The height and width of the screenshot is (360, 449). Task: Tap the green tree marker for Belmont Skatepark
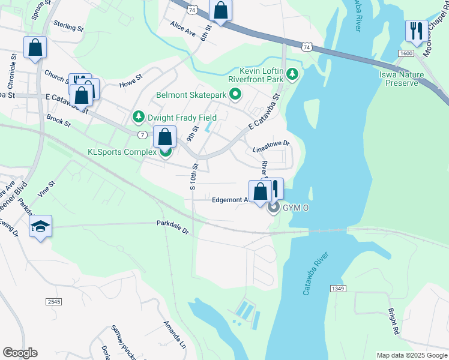236,94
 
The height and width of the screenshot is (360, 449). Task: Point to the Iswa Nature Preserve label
402,79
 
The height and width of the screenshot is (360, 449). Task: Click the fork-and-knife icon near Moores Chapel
416,31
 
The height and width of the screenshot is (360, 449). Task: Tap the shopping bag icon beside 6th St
221,11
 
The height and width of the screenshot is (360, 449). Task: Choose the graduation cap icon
40,226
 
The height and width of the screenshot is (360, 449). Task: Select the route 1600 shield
405,53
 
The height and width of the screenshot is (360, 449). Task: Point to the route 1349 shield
338,289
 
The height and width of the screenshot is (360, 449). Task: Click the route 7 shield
142,134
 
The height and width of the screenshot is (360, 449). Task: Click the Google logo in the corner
20,353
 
